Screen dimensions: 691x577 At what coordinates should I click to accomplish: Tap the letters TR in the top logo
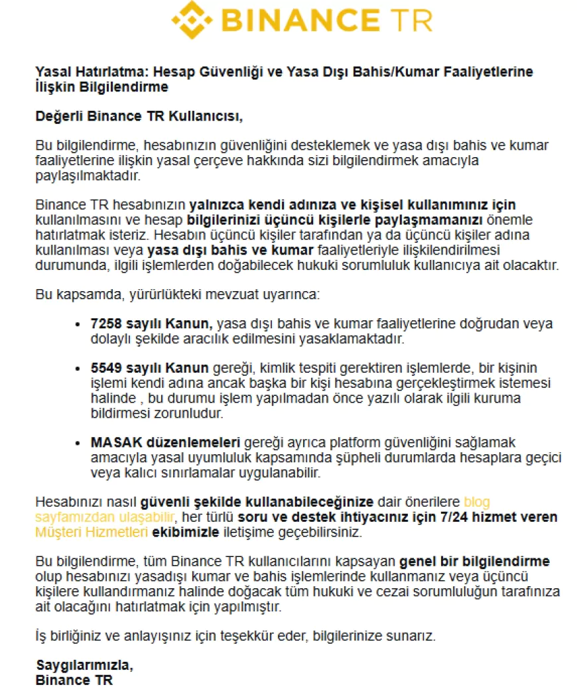[411, 20]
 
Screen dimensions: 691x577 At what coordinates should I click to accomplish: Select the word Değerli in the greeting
[60, 117]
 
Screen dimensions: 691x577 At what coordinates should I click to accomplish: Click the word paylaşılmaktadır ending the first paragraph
[88, 176]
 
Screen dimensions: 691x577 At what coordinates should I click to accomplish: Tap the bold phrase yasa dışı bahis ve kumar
[230, 250]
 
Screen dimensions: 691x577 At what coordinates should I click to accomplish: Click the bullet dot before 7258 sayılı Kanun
[81, 324]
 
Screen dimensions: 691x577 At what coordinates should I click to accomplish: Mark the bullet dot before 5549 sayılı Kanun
[81, 369]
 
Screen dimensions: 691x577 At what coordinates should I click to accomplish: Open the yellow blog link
[477, 501]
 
